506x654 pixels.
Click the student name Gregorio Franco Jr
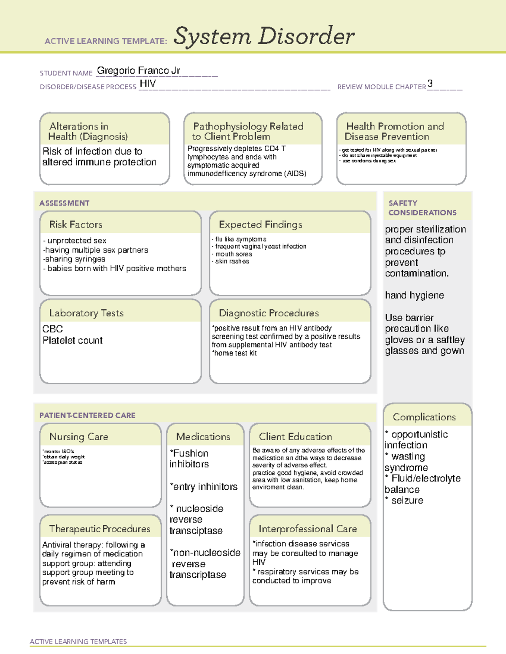138,71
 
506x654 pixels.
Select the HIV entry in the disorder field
148,84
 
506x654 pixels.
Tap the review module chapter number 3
430,83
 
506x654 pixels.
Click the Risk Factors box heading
75,224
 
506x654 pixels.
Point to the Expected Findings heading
260,224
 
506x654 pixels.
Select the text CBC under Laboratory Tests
53,329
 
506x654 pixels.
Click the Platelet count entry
73,340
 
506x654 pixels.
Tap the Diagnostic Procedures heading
269,313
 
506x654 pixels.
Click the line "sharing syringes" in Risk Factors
74,259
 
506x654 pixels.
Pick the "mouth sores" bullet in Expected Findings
233,254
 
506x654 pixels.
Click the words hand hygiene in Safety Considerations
414,295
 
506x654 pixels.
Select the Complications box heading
424,417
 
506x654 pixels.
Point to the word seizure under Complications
407,500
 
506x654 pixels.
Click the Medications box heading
203,437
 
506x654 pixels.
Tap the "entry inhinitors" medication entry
204,486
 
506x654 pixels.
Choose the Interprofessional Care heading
307,529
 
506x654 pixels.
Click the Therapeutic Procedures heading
100,529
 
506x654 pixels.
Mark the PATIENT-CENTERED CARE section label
87,415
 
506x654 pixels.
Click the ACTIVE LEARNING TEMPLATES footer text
78,641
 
